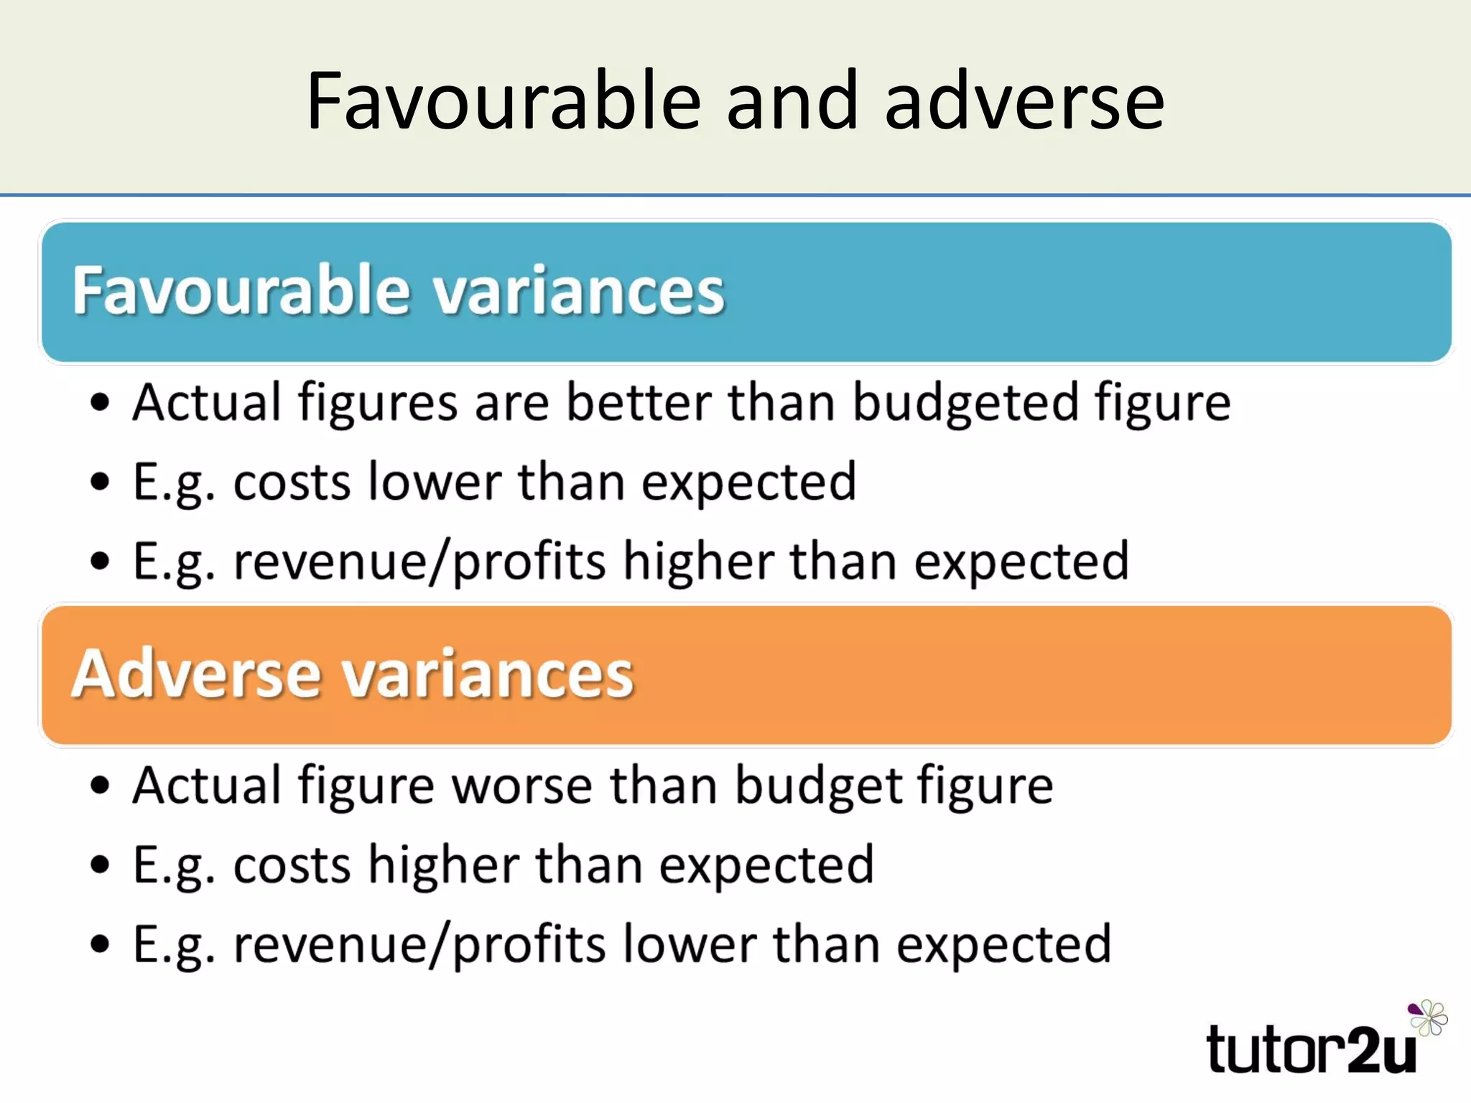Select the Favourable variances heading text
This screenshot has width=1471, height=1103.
398,290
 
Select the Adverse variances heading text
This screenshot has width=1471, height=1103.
352,674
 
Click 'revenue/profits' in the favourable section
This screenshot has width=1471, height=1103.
420,562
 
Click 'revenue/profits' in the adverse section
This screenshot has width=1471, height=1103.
420,946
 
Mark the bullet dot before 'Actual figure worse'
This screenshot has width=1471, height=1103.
100,786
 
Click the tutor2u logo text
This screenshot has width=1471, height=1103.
1311,1051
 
